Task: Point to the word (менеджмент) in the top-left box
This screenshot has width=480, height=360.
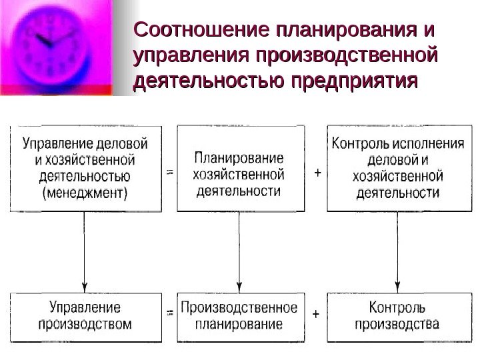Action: [x=85, y=194]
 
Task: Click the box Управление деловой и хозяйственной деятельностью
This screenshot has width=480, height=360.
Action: [x=85, y=169]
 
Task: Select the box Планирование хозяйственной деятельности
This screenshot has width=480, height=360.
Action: [x=239, y=169]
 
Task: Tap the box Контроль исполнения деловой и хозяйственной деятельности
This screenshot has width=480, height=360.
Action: [x=399, y=169]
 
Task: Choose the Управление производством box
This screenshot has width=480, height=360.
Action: [x=85, y=316]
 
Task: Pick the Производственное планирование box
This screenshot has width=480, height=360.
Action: [x=239, y=316]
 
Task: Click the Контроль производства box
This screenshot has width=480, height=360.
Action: [x=399, y=316]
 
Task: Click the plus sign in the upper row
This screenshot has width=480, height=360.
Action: [x=317, y=173]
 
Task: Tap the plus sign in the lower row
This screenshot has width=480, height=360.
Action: [x=316, y=313]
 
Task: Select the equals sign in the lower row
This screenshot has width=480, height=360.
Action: [x=169, y=313]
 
